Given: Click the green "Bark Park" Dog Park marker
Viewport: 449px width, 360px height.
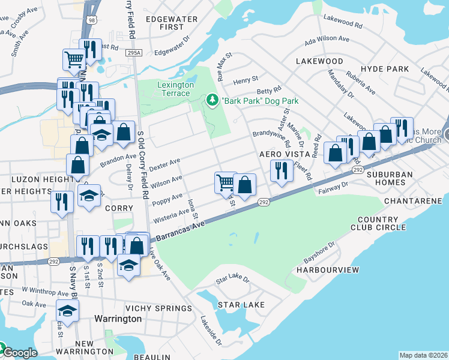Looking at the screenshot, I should [x=212, y=100].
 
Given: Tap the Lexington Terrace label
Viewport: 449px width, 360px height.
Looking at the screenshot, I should [x=175, y=89].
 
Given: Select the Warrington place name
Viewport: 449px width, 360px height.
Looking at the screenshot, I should [x=118, y=319].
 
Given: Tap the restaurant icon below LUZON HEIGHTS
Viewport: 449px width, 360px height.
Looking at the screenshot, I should [x=62, y=200].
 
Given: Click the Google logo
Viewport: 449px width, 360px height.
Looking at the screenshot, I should [x=19, y=353].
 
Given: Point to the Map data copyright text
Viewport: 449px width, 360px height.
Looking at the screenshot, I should [x=423, y=355].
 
